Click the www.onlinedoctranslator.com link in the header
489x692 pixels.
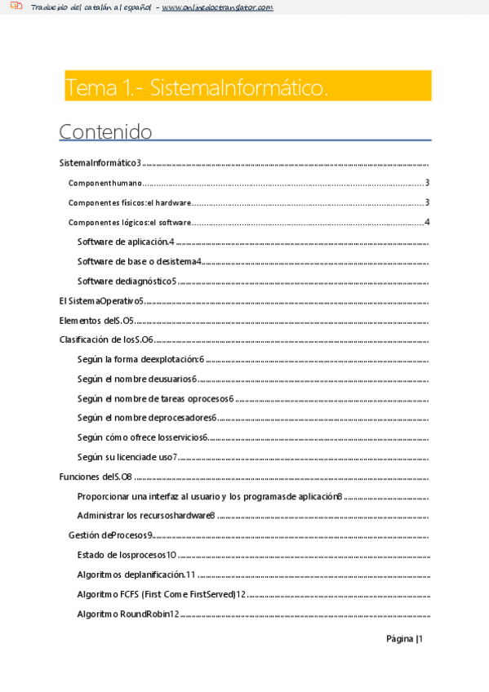pos(217,7)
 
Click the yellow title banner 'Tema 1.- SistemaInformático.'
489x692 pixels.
pos(247,86)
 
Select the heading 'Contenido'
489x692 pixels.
pos(105,131)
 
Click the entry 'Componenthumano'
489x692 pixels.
pos(105,183)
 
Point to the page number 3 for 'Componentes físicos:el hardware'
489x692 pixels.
pos(427,202)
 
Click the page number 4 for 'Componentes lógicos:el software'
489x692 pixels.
pos(427,222)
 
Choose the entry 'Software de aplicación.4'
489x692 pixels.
pos(127,242)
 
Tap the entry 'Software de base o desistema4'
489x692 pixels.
pos(140,261)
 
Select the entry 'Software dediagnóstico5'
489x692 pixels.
pos(127,281)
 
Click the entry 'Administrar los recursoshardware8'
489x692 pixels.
pos(146,516)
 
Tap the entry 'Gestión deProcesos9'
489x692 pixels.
pos(111,535)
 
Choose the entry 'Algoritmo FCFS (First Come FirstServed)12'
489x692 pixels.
pos(162,594)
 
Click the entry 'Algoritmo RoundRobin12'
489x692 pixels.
pos(128,614)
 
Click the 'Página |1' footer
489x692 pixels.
pos(404,639)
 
